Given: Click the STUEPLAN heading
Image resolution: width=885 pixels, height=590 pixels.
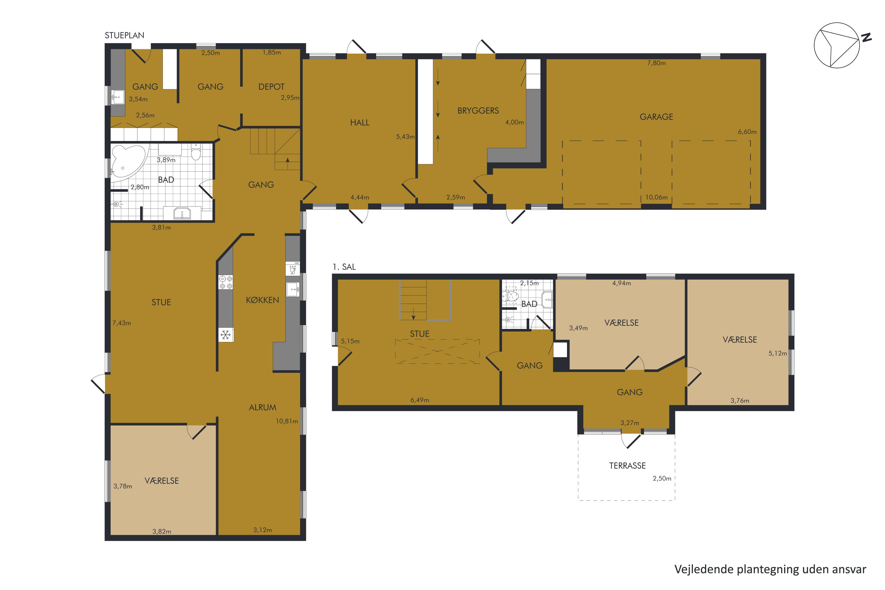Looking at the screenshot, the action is tap(124, 35).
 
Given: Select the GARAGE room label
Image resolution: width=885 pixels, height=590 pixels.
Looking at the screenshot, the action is tap(656, 117).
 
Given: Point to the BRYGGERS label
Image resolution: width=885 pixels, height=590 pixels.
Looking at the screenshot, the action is tap(478, 111).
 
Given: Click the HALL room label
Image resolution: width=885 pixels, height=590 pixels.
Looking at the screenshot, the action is tap(360, 123).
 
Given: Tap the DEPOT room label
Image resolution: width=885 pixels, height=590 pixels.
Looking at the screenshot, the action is tap(271, 87).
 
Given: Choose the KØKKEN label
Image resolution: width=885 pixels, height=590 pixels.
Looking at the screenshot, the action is tap(262, 300).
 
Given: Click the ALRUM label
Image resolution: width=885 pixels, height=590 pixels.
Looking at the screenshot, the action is tap(263, 407).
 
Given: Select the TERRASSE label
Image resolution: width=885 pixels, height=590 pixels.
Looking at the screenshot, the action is tap(627, 466).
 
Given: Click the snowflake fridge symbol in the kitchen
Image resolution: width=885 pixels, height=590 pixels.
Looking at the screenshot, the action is tap(225, 335).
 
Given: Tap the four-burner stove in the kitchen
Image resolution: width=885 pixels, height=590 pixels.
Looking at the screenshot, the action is tap(226, 282).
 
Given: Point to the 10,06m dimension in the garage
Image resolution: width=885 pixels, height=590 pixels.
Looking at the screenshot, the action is tap(656, 197).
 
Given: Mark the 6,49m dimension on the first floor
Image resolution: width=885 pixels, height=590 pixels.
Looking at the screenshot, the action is tap(419, 400).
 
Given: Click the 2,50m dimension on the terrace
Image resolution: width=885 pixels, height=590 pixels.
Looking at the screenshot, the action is tap(662, 478).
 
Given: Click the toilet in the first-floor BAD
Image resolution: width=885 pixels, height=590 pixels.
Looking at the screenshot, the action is tap(511, 296).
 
